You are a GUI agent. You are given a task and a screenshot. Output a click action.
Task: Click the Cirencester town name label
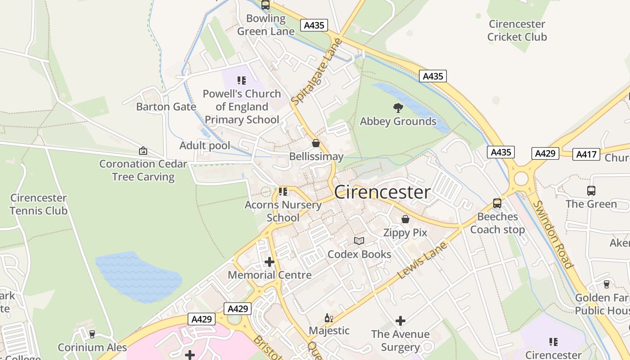(x=382, y=192)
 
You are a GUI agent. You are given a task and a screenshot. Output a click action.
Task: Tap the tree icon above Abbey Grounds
(x=398, y=108)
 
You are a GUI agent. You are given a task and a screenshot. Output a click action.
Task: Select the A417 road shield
(x=587, y=154)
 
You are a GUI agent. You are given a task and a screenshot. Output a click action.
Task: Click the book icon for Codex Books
(x=359, y=241)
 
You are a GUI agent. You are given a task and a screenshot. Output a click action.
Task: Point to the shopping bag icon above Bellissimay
(x=316, y=143)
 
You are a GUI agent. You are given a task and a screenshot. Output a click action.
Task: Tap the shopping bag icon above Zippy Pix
(x=405, y=219)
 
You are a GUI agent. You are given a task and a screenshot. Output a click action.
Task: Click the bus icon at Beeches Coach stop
(x=497, y=203)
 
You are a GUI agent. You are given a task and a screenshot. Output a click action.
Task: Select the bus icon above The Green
(x=591, y=191)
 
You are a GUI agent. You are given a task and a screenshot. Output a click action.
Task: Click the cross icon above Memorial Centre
(x=269, y=262)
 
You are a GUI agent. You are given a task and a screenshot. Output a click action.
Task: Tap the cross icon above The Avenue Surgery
(x=400, y=321)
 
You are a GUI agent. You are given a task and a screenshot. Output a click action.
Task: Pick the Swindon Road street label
(x=552, y=234)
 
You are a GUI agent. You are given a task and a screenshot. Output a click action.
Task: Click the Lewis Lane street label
(x=422, y=260)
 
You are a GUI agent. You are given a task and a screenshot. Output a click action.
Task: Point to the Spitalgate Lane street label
(x=316, y=72)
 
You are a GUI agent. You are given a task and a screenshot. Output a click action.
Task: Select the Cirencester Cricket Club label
(x=517, y=31)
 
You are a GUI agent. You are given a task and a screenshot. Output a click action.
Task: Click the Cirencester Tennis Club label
(x=38, y=204)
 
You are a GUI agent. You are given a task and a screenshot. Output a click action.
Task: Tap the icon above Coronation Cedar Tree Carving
(x=143, y=151)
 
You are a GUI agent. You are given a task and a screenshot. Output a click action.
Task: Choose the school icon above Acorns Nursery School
(x=283, y=192)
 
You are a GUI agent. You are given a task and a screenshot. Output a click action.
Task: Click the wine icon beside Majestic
(x=329, y=318)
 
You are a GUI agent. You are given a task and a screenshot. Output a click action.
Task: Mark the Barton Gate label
(x=166, y=107)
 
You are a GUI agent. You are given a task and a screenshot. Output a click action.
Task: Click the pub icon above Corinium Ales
(x=92, y=334)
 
